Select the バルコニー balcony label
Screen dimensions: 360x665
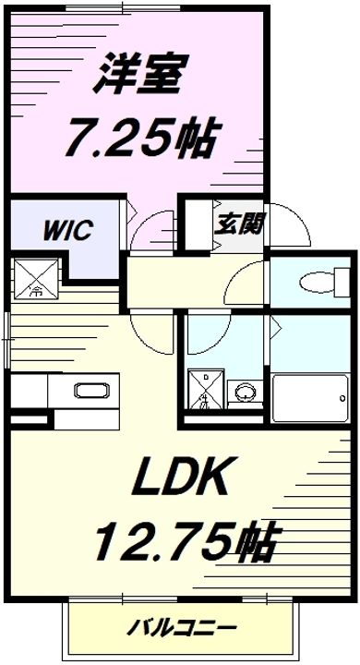[x=181, y=628]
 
